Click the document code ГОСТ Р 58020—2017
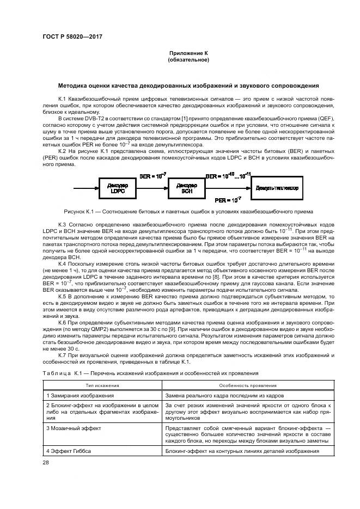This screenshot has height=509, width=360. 72,37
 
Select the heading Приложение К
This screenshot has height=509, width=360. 188,53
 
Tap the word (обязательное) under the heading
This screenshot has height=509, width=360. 188,59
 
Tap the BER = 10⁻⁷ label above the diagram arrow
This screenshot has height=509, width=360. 153,177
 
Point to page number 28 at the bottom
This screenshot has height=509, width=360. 46,463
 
